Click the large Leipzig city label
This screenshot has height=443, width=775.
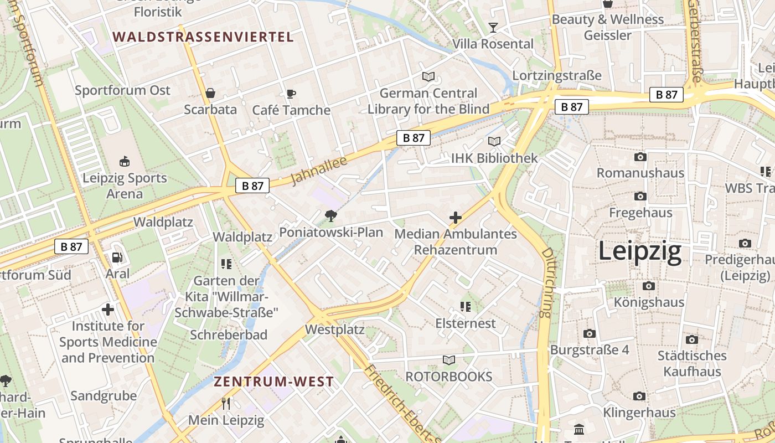pyautogui.click(x=640, y=252)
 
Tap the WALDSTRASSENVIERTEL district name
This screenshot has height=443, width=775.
pyautogui.click(x=203, y=37)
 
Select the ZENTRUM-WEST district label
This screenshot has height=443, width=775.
pyautogui.click(x=273, y=382)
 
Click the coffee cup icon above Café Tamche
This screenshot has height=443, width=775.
pyautogui.click(x=291, y=94)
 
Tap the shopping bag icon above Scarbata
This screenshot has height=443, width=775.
pyautogui.click(x=210, y=92)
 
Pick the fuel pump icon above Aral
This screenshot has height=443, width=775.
pyautogui.click(x=117, y=257)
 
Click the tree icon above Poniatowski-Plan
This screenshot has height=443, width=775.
pyautogui.click(x=331, y=215)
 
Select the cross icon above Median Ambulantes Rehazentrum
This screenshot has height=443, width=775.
pyautogui.click(x=456, y=218)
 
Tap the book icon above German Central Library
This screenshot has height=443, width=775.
pyautogui.click(x=428, y=76)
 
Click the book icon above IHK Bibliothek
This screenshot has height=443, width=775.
pyautogui.click(x=494, y=142)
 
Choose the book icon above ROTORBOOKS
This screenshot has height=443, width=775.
pyautogui.click(x=449, y=360)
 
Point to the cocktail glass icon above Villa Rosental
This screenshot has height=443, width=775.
pyautogui.click(x=493, y=27)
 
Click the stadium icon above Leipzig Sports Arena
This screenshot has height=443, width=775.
pyautogui.click(x=125, y=162)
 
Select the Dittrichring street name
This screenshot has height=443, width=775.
pyautogui.click(x=547, y=282)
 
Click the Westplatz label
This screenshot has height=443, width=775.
pyautogui.click(x=335, y=329)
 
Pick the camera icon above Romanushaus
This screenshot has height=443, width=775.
pyautogui.click(x=640, y=157)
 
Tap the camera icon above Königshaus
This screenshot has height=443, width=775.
pyautogui.click(x=649, y=286)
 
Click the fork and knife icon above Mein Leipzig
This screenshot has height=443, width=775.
pyautogui.click(x=226, y=403)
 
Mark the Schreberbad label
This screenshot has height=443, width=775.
pyautogui.click(x=229, y=335)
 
